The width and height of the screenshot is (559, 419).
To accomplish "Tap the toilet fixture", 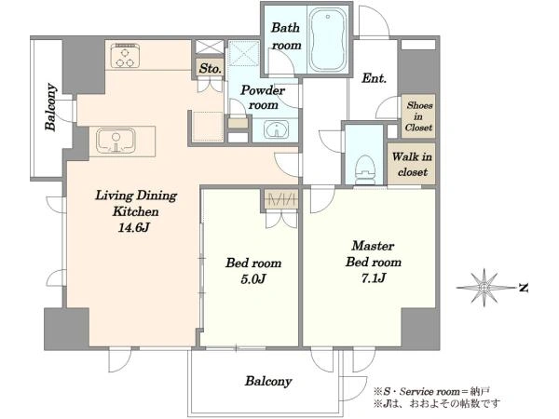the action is tap(365, 170).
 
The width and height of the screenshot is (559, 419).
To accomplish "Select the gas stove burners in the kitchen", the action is tap(125, 56).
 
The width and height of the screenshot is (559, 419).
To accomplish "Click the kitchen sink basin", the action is tap(116, 141).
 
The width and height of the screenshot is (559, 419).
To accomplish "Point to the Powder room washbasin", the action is tap(276, 129).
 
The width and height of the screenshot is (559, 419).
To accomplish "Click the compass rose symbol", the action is tap(484, 287).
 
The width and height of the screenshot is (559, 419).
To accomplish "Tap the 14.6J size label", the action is tap(133, 228).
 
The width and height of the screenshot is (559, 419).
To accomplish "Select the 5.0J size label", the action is tap(252, 279).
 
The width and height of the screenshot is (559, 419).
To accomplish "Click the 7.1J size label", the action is tap(374, 277).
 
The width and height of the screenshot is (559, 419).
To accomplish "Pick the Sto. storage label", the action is tap(210, 68).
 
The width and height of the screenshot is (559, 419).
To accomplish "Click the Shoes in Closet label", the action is tap(419, 116).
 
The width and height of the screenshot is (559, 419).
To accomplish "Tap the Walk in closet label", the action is tap(412, 164).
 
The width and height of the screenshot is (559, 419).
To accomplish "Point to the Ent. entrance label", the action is tap(374, 78).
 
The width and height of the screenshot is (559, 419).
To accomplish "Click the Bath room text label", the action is tap(286, 36).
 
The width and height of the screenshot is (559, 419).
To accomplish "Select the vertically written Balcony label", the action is tap(50, 107).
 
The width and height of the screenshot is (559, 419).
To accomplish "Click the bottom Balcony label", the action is tap(268, 381).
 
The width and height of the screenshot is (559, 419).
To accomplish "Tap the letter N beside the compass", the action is tap(523, 288).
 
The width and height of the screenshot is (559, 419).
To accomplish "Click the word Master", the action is tap(373, 246).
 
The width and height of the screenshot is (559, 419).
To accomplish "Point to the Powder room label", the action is tap(263, 98).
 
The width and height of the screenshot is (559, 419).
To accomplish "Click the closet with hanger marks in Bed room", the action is tap(281, 200).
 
